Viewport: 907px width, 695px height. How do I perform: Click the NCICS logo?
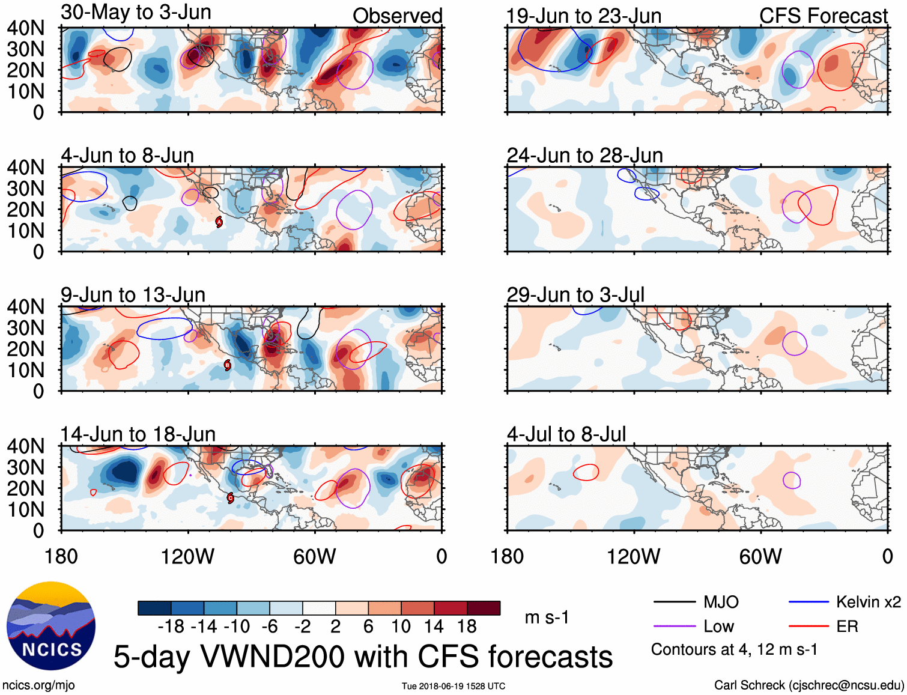click(x=51, y=625)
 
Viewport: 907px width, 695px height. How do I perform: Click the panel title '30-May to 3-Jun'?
click(x=136, y=12)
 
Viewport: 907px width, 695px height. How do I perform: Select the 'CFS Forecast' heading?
click(x=823, y=16)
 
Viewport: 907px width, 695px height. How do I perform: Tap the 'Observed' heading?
click(x=397, y=16)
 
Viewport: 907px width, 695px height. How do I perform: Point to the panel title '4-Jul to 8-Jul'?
click(x=566, y=434)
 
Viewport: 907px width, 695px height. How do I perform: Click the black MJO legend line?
click(x=674, y=602)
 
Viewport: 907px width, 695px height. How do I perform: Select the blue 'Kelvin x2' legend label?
click(x=868, y=602)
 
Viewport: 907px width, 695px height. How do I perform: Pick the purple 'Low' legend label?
click(x=718, y=627)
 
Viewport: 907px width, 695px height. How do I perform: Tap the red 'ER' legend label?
click(x=847, y=627)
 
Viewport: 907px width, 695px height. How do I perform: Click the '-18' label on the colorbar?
click(x=171, y=627)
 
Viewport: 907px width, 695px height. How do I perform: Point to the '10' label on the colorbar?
click(x=401, y=627)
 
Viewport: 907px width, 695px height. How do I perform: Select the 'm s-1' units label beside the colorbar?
click(x=547, y=618)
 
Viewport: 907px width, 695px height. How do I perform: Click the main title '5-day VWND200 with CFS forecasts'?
click(x=363, y=657)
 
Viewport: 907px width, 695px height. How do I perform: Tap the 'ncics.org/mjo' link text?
click(x=38, y=685)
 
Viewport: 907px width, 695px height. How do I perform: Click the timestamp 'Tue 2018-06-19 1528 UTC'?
click(x=453, y=686)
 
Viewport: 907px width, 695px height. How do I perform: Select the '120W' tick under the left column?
click(x=187, y=556)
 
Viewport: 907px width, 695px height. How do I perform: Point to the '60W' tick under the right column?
click(x=760, y=556)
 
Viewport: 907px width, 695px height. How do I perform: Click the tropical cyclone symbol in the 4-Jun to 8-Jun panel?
click(x=219, y=222)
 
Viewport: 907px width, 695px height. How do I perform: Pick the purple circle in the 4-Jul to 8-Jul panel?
click(x=792, y=480)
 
